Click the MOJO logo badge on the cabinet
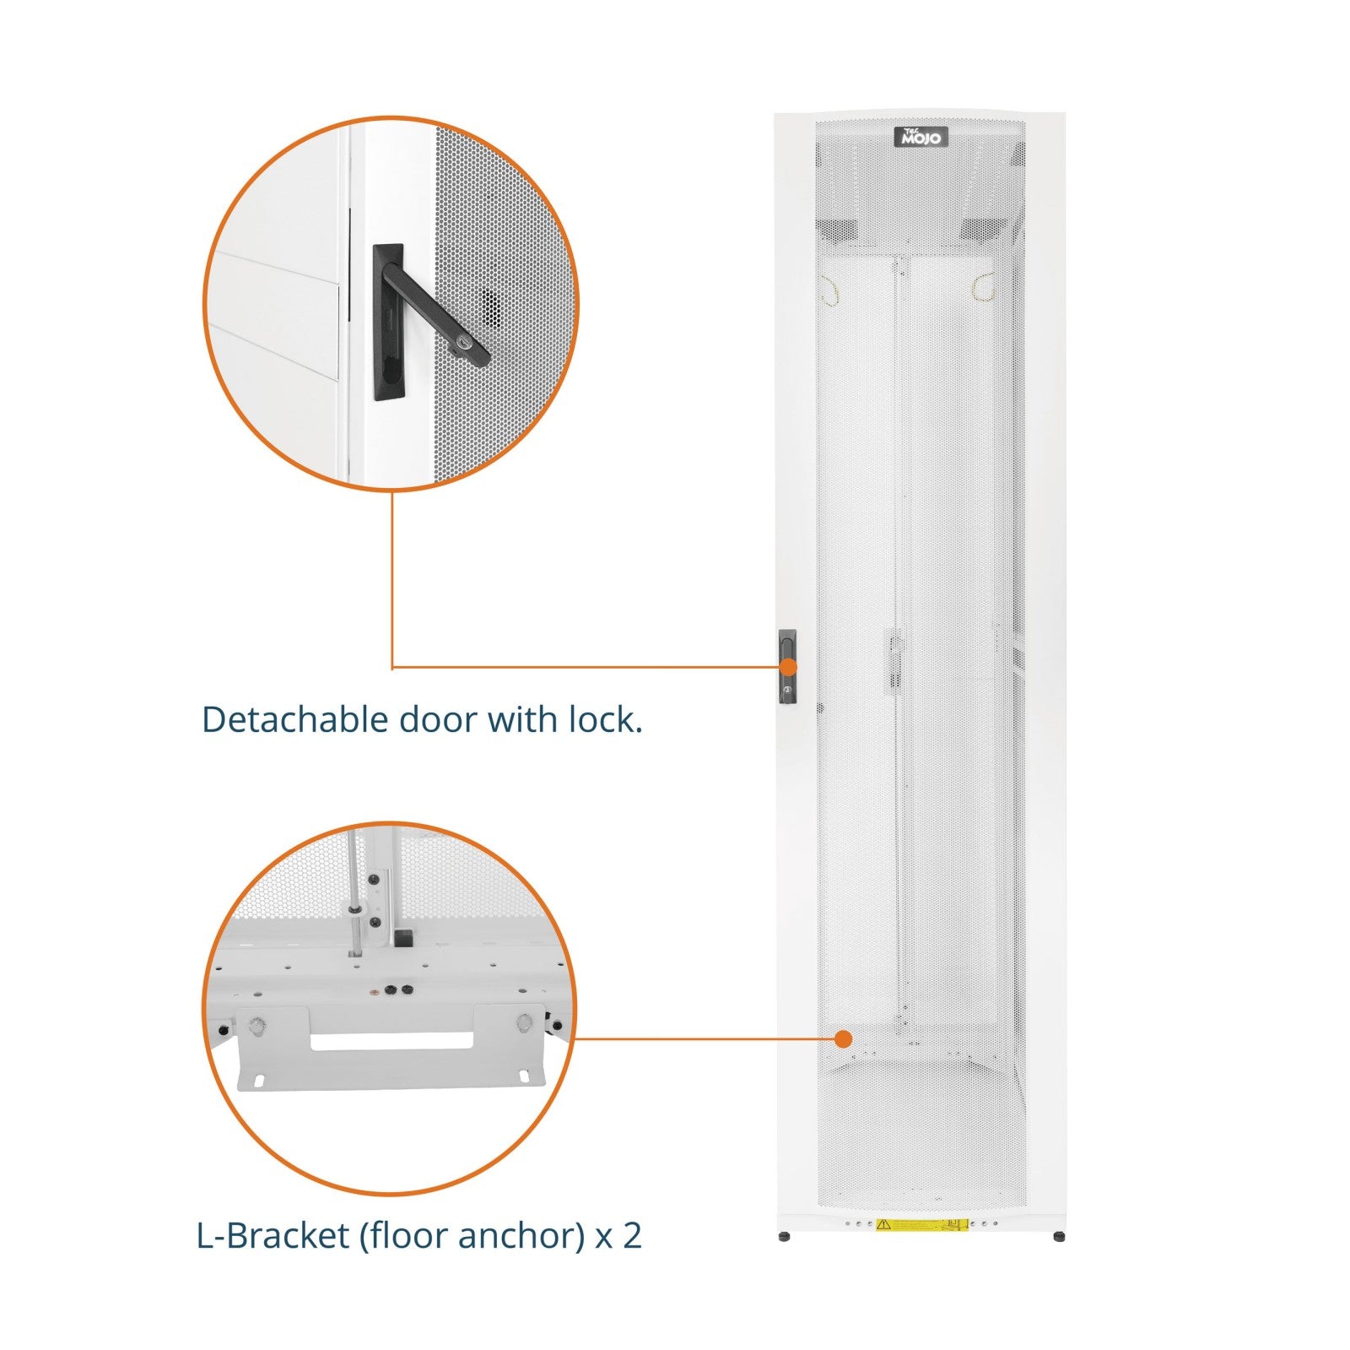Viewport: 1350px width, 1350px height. [921, 137]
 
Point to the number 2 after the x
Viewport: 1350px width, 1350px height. [632, 1236]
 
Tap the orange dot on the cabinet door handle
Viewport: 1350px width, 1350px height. [788, 667]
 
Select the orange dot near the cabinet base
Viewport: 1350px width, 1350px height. [843, 1039]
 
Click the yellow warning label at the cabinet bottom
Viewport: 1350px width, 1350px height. [921, 1224]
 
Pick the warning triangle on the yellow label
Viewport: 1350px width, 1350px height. [883, 1223]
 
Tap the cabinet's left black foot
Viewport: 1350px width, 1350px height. [785, 1237]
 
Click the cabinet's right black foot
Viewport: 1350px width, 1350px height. [1059, 1237]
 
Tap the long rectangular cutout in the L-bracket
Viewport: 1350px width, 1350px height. [391, 1041]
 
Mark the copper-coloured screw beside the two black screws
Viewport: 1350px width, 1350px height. [374, 988]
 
